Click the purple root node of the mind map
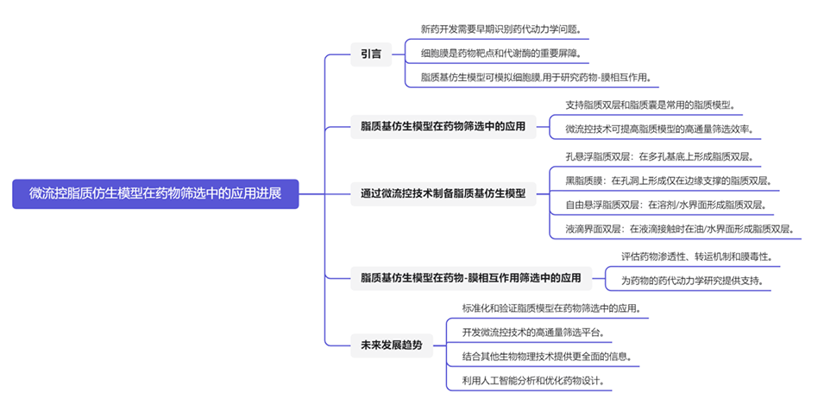155,193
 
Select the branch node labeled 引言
371,54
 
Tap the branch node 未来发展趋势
391,345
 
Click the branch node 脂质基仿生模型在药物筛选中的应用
443,127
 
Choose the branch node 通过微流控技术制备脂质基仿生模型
443,193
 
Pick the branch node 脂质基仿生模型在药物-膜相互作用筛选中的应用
470,278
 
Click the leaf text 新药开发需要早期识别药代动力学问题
500,29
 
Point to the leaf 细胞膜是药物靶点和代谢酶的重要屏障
500,54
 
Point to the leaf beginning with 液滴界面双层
679,230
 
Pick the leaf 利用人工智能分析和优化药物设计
532,380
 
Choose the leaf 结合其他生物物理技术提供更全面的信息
548,356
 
